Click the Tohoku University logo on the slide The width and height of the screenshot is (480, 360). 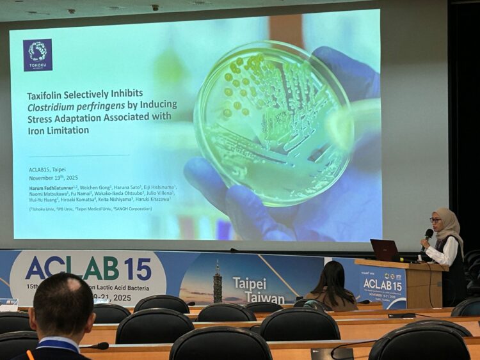(x=38, y=55)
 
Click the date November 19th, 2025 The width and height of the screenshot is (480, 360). (x=53, y=178)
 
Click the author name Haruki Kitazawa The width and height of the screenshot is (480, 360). (x=153, y=200)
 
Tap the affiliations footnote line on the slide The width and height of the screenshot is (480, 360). (x=90, y=208)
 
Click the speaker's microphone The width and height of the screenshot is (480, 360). (x=428, y=235)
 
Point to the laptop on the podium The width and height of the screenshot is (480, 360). (x=384, y=250)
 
